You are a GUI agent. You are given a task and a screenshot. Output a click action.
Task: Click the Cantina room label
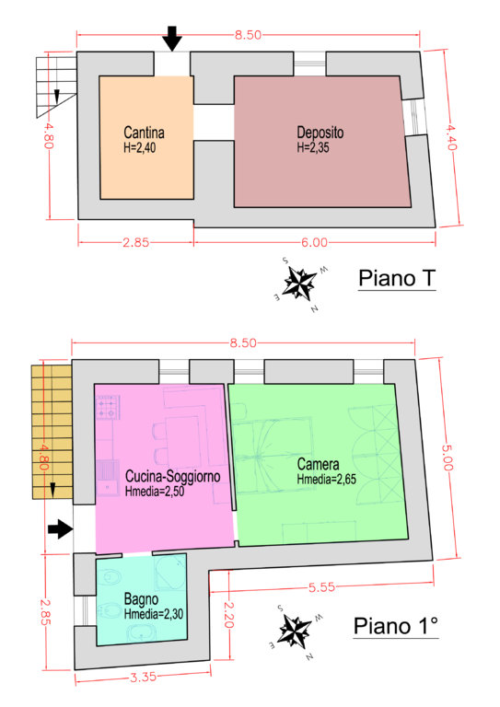[144, 133]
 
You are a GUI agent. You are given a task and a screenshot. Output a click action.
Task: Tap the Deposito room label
[320, 133]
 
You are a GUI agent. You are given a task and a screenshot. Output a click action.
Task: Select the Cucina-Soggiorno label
[173, 477]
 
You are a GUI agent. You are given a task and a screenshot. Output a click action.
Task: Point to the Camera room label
[319, 464]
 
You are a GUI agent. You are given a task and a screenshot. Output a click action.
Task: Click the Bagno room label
[141, 599]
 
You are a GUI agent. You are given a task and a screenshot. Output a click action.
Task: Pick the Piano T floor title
[397, 278]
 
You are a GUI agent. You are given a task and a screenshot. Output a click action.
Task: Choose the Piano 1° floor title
[396, 626]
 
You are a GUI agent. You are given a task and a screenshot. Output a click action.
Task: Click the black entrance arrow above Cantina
[172, 39]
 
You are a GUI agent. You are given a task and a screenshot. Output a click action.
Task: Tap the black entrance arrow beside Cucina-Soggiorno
[61, 528]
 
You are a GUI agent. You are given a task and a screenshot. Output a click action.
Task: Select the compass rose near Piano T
[300, 284]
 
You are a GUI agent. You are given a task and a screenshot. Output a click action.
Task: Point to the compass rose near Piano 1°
[296, 630]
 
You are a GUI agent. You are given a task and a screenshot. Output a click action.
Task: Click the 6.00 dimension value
[314, 243]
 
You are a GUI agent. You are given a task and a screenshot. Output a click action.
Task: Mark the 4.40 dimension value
[452, 137]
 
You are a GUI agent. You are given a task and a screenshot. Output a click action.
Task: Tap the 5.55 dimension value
[322, 587]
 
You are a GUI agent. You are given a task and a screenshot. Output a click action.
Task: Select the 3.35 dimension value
[143, 677]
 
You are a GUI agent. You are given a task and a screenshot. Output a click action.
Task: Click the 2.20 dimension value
[228, 615]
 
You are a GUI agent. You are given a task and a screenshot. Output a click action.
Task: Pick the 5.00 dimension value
[448, 458]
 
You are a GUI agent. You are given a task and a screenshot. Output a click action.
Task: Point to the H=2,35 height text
[312, 147]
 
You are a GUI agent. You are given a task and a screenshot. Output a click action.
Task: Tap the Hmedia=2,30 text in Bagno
[153, 614]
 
